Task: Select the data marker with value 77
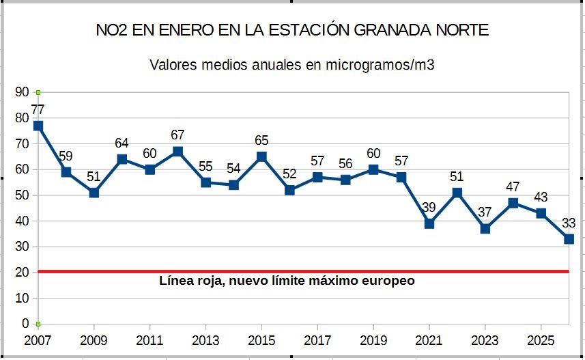click(38, 126)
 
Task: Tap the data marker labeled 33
click(569, 238)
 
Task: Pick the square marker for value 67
click(178, 152)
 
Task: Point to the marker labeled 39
click(429, 223)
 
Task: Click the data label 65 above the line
click(261, 141)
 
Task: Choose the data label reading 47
click(513, 186)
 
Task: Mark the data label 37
click(485, 212)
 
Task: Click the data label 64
click(122, 143)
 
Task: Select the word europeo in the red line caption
click(388, 281)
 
